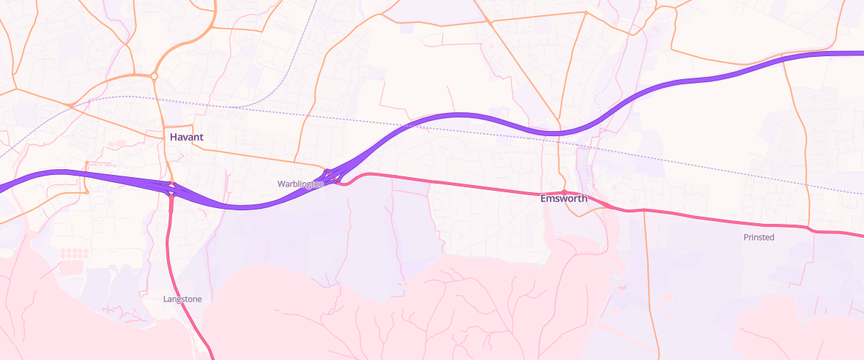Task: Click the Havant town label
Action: pyautogui.click(x=186, y=137)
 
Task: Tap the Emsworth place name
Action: pyautogui.click(x=564, y=199)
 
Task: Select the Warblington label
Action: pyautogui.click(x=300, y=184)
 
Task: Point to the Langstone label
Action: pyautogui.click(x=183, y=299)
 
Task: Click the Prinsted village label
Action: pyautogui.click(x=759, y=237)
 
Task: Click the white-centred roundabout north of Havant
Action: pyautogui.click(x=154, y=76)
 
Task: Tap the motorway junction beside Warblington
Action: pyautogui.click(x=333, y=176)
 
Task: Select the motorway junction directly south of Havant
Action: pyautogui.click(x=171, y=189)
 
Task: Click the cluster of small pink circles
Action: pyautogui.click(x=73, y=253)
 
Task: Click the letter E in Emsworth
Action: pyautogui.click(x=544, y=199)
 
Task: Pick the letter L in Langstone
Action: pyautogui.click(x=166, y=299)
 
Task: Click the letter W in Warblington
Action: pyautogui.click(x=282, y=184)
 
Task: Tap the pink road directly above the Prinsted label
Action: pyautogui.click(x=759, y=222)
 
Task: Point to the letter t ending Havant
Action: pyautogui.click(x=201, y=137)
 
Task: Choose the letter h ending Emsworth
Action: pyautogui.click(x=585, y=199)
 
